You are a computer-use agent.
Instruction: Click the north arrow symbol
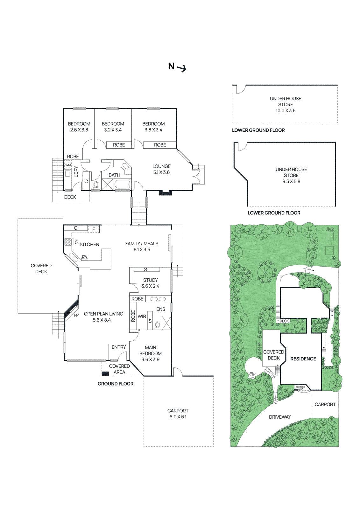[182, 68]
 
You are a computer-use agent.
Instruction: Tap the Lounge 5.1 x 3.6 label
[161, 169]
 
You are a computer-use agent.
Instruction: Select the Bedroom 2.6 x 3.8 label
[79, 127]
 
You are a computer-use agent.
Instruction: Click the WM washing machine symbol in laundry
[68, 165]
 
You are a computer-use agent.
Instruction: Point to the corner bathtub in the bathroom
[123, 166]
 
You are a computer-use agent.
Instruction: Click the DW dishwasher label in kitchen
[85, 257]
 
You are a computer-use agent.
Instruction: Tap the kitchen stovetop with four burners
[68, 242]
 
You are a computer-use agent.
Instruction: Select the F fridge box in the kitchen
[94, 229]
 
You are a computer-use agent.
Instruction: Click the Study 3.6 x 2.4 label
[150, 283]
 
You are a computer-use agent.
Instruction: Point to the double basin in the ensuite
[158, 299]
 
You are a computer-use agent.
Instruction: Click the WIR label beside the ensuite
[142, 316]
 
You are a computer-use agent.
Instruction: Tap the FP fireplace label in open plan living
[76, 315]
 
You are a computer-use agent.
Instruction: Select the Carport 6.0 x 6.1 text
[178, 414]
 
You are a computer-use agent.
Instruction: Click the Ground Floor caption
[116, 384]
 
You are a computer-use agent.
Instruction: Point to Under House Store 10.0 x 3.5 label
[286, 104]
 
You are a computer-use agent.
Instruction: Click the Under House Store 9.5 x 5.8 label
[291, 175]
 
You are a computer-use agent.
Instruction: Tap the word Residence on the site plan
[303, 359]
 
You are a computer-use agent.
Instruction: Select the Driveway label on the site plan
[280, 417]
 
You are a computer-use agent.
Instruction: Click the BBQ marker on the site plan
[252, 374]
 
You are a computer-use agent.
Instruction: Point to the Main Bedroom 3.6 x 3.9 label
[151, 353]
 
